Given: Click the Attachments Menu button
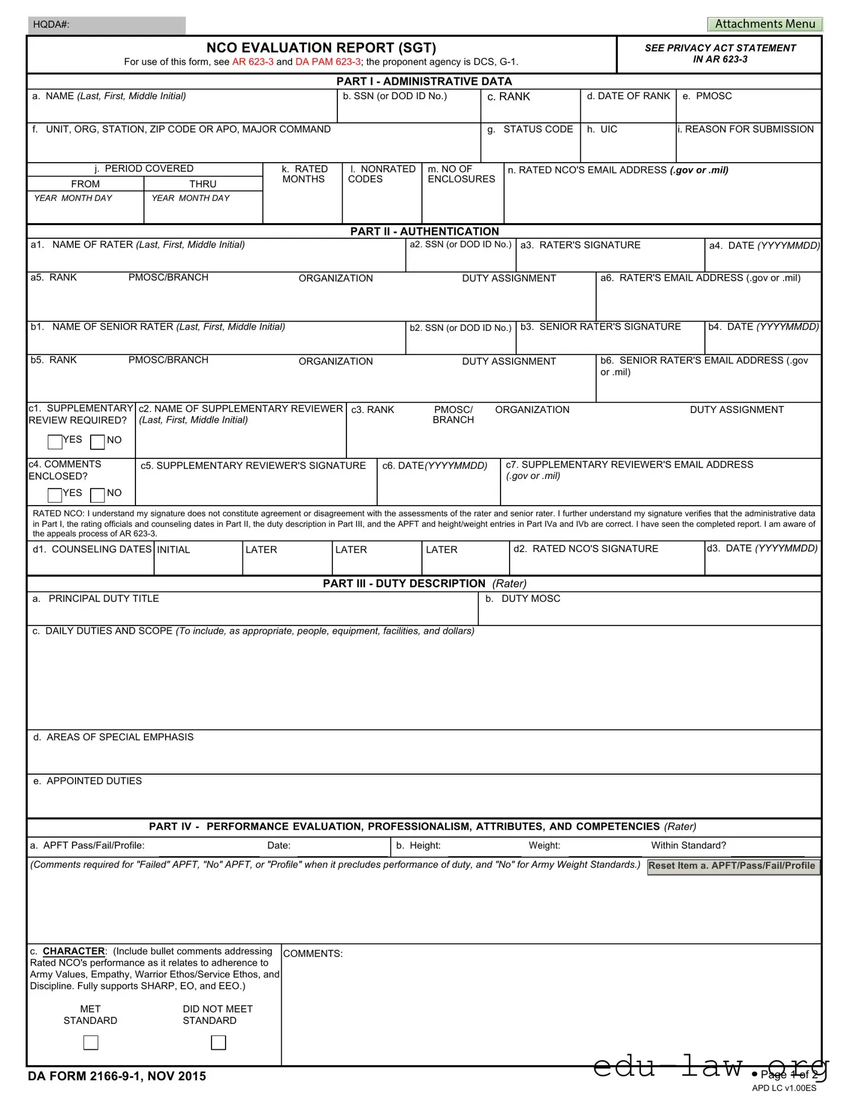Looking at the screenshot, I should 765,24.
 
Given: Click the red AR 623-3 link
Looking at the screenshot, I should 253,62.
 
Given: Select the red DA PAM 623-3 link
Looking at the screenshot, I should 328,62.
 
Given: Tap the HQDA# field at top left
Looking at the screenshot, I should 106,25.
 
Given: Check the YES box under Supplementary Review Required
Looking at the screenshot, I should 55,442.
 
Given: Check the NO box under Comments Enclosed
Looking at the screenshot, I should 97,495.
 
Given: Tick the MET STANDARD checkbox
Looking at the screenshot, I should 91,1042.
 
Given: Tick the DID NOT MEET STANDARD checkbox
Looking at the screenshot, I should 218,1042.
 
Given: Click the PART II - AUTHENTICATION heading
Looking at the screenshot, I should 424,231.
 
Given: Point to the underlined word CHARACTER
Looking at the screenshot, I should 74,951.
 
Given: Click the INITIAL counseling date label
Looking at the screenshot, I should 173,550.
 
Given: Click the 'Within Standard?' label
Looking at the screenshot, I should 688,846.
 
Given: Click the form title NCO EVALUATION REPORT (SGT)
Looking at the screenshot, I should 321,48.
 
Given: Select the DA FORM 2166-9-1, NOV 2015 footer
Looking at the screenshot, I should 117,1076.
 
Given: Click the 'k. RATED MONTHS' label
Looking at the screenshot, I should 304,174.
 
